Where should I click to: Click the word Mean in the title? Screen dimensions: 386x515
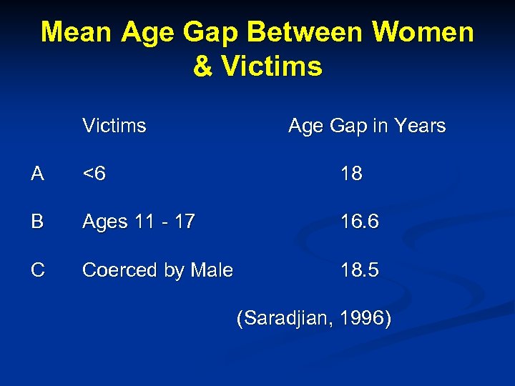[77, 32]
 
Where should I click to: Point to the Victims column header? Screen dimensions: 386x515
[114, 126]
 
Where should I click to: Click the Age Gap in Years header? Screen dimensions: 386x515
[366, 127]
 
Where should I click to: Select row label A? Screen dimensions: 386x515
[38, 174]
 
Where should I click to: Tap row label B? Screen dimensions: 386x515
[38, 222]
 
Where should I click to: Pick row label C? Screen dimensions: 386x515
[38, 269]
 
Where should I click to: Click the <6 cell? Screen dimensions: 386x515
[94, 174]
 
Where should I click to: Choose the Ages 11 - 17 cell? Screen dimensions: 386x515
[139, 222]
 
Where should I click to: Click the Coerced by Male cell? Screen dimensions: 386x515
[157, 270]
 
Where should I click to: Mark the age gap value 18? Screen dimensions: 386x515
[352, 174]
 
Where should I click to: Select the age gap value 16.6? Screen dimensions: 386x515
[360, 222]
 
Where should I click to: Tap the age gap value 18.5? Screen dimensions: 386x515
[360, 269]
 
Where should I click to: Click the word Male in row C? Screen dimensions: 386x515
[212, 269]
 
